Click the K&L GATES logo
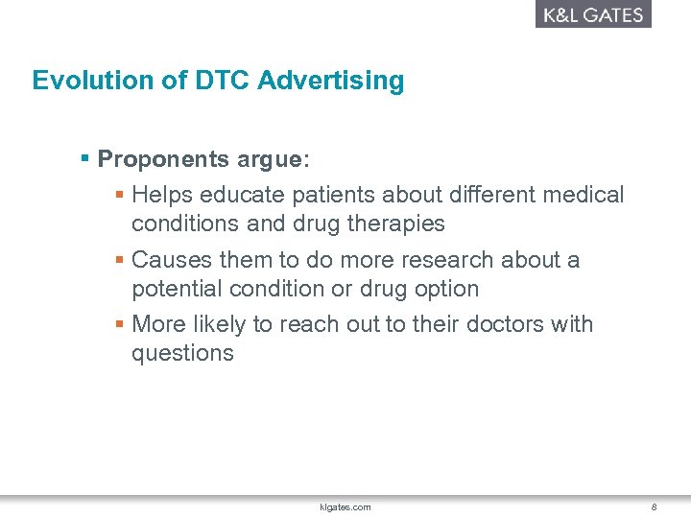(x=593, y=14)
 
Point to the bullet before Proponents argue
(x=85, y=157)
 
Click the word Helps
(x=161, y=196)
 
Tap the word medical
(x=583, y=196)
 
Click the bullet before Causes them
(x=119, y=260)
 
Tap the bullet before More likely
(x=119, y=324)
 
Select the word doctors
(x=504, y=324)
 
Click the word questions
(x=182, y=353)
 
